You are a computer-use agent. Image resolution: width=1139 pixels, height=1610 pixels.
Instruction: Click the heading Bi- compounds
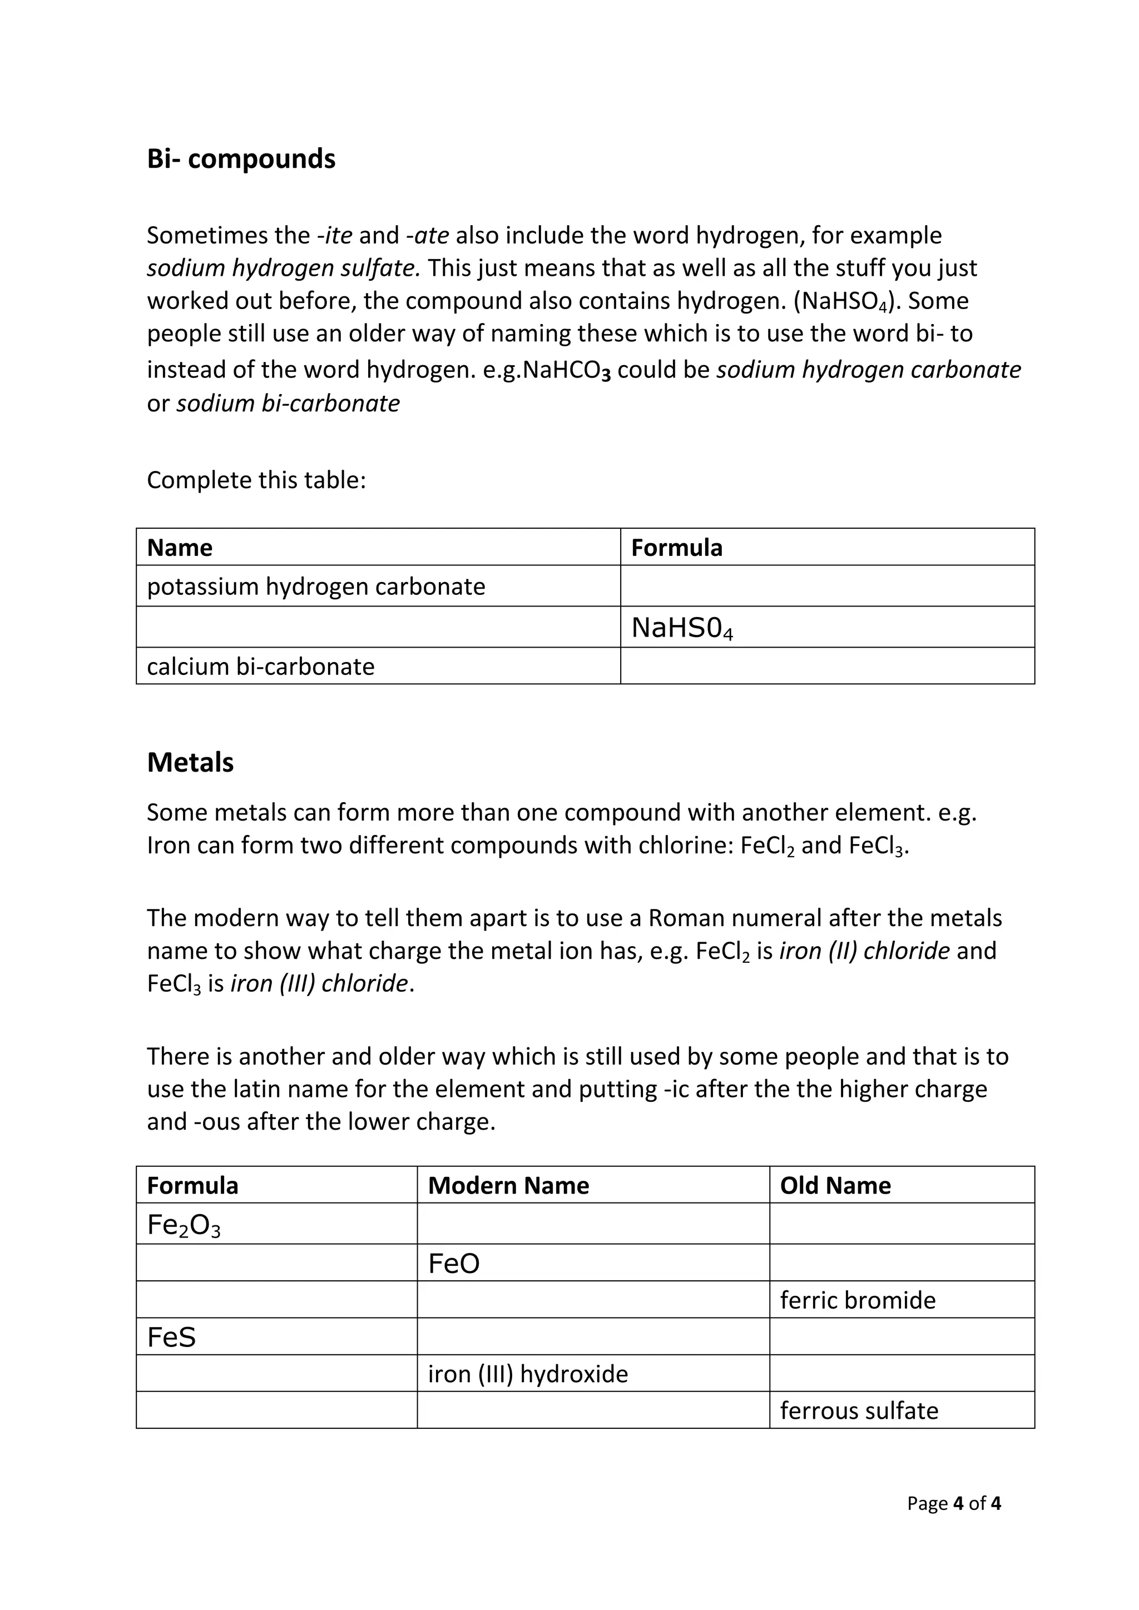(241, 159)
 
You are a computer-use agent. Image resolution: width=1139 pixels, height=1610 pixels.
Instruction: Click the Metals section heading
(190, 762)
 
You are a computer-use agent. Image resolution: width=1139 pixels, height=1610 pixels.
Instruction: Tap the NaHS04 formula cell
(682, 628)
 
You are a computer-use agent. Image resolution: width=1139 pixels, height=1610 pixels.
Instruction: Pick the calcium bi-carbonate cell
(260, 666)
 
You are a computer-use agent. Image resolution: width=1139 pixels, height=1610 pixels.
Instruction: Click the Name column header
(180, 548)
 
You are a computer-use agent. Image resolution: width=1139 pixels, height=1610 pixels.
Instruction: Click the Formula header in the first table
(676, 548)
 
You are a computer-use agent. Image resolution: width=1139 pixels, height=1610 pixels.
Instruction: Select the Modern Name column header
(508, 1185)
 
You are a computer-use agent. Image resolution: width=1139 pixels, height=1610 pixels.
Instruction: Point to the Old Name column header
(835, 1185)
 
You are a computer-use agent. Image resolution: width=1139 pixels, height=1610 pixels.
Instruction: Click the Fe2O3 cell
(184, 1225)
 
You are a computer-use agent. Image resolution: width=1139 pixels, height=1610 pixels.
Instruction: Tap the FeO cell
(454, 1264)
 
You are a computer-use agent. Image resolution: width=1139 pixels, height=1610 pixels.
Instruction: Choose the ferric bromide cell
(857, 1300)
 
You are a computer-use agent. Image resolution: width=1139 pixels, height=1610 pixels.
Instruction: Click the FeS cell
(171, 1337)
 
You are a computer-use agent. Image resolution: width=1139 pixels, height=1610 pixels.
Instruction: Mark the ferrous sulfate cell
(859, 1410)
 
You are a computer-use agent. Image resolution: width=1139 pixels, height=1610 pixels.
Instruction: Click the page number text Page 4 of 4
(953, 1503)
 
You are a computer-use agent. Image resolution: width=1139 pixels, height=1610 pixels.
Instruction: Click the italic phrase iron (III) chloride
(319, 983)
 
